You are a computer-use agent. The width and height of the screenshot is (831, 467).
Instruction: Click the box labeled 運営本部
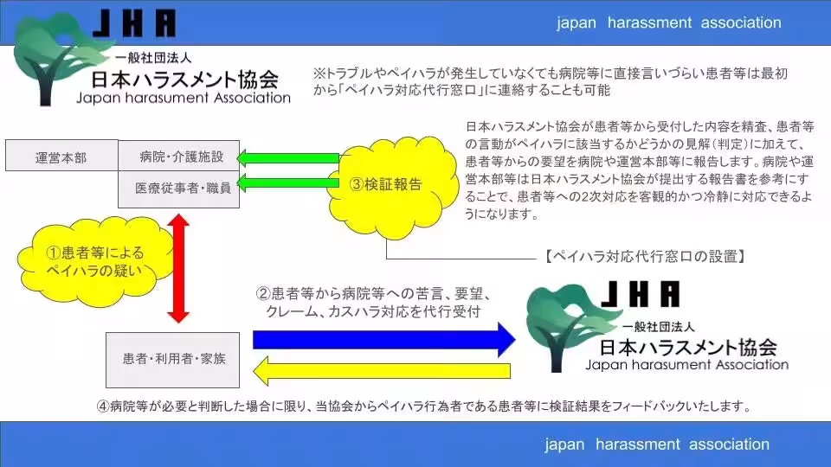(x=61, y=157)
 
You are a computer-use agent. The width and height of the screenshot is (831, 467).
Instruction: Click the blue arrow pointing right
(x=381, y=338)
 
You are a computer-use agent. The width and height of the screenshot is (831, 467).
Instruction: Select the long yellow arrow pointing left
(x=381, y=374)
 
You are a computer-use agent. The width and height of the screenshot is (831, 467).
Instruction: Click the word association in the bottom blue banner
(x=728, y=445)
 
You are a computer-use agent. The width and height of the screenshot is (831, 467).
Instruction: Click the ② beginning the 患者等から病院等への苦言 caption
(x=261, y=293)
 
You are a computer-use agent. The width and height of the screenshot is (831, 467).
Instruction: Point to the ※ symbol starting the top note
(x=319, y=74)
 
